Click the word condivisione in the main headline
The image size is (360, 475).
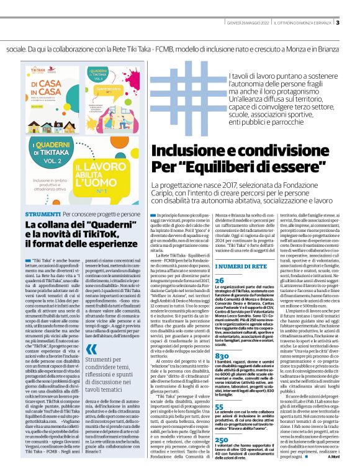(274, 136)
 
